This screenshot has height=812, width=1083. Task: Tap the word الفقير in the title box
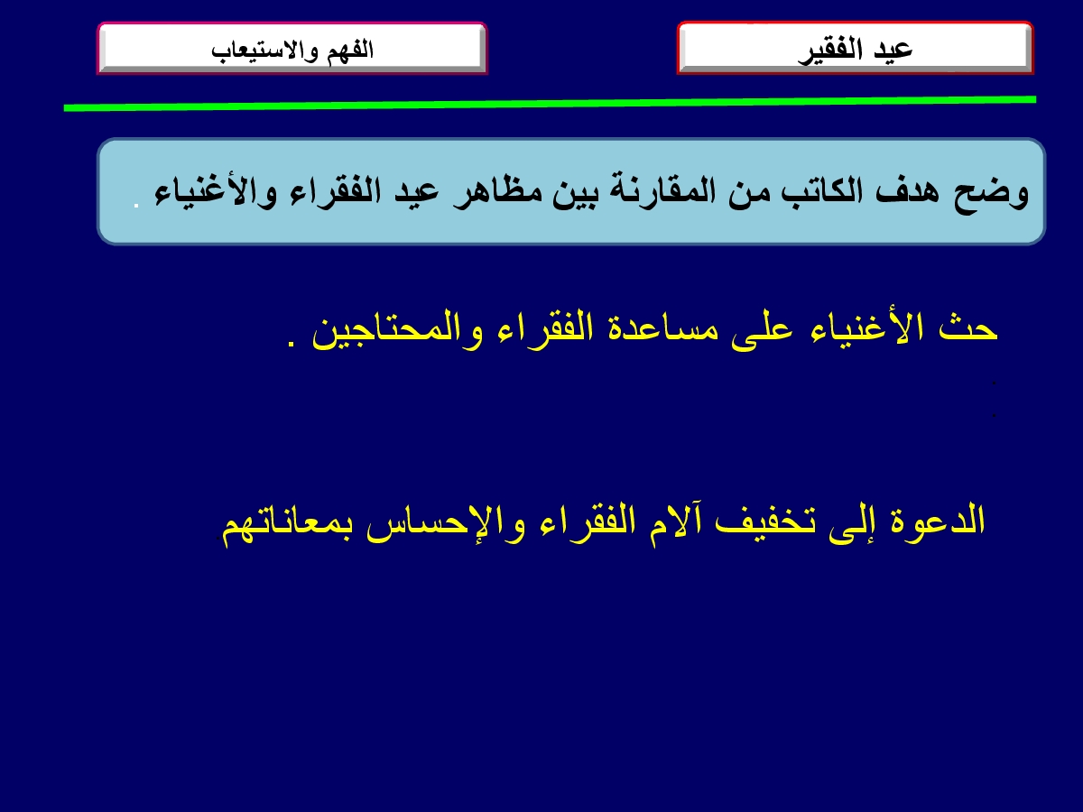pos(830,51)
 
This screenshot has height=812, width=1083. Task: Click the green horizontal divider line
pos(550,104)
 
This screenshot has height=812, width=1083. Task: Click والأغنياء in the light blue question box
pos(215,193)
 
